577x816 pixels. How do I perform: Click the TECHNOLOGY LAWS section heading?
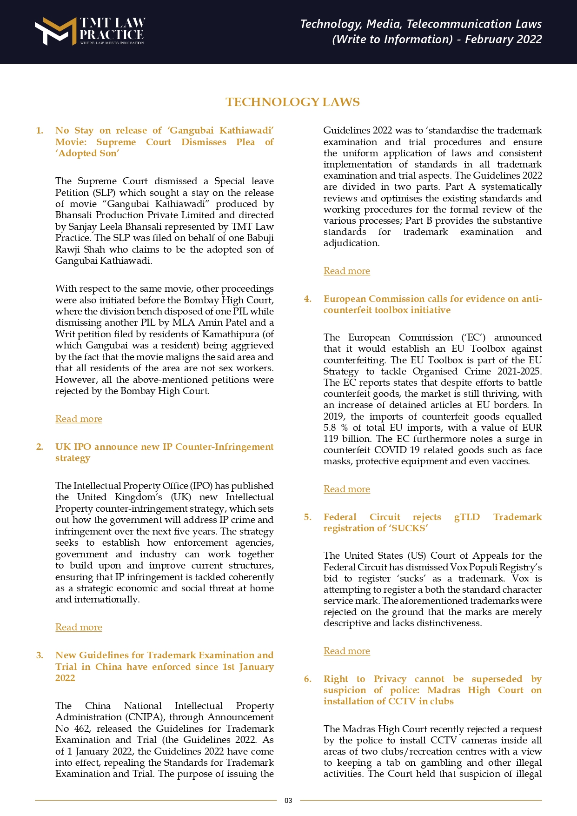[x=292, y=102]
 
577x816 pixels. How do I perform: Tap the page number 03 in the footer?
[x=288, y=800]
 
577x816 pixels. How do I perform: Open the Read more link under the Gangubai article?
[x=79, y=419]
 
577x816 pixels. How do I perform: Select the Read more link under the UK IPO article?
[x=79, y=627]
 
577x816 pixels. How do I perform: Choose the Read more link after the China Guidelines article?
[x=347, y=271]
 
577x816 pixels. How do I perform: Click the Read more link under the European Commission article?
[x=347, y=489]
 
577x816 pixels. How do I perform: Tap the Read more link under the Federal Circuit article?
[x=347, y=651]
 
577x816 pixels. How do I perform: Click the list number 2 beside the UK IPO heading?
[x=40, y=447]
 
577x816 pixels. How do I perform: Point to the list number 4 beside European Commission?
[x=308, y=299]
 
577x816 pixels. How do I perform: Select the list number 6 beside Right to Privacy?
[x=308, y=679]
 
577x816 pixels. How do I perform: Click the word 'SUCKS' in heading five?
[x=410, y=528]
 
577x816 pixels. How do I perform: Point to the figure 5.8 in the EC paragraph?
[x=330, y=428]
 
